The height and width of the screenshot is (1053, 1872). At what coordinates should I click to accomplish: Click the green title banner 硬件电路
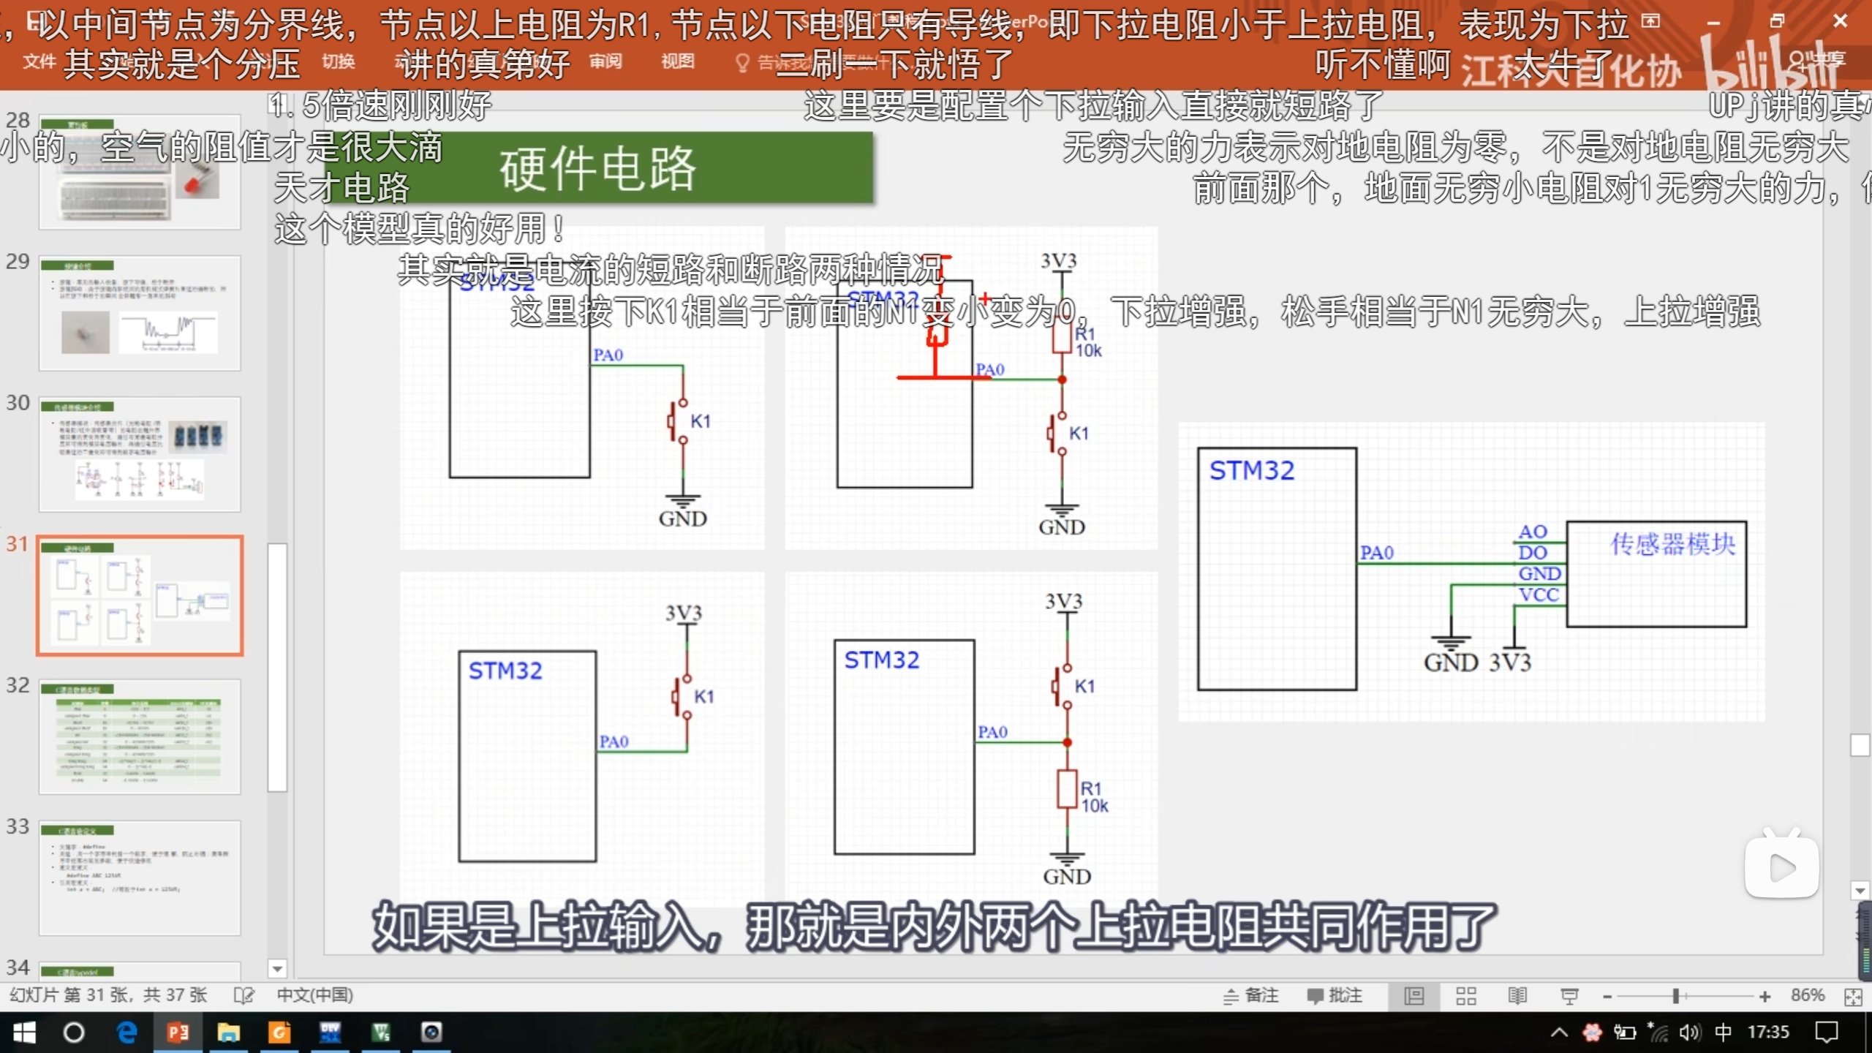pos(598,167)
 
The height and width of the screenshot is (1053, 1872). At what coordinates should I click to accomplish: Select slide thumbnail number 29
pos(139,313)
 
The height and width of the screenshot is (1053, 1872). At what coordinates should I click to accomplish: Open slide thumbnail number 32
pos(139,736)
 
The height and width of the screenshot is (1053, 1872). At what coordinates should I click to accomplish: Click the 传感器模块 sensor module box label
pos(1672,544)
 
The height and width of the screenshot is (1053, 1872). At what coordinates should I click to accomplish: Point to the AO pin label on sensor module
pos(1533,532)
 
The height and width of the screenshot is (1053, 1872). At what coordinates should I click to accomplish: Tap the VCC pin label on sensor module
pos(1539,595)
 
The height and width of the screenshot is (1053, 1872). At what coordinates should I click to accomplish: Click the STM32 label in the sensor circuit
pos(1251,470)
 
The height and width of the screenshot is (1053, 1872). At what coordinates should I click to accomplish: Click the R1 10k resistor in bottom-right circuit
pos(1067,790)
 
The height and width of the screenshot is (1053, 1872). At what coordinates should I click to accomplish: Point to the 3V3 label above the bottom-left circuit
pos(683,613)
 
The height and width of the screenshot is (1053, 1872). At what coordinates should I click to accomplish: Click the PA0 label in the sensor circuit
pos(1376,553)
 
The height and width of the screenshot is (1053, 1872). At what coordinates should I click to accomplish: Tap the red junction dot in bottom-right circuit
pos(1067,742)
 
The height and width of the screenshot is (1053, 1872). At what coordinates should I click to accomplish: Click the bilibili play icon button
pos(1781,867)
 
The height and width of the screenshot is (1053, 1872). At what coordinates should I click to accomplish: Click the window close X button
pos(1841,21)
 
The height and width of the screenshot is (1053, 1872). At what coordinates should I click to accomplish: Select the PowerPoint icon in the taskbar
pos(178,1033)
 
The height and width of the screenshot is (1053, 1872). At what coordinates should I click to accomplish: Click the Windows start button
pos(24,1033)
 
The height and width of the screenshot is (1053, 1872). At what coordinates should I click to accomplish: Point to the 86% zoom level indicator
pos(1808,995)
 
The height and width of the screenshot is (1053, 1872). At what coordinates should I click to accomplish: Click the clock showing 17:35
pos(1768,1032)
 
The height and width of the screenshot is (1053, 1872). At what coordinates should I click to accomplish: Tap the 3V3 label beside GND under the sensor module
pos(1510,663)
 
